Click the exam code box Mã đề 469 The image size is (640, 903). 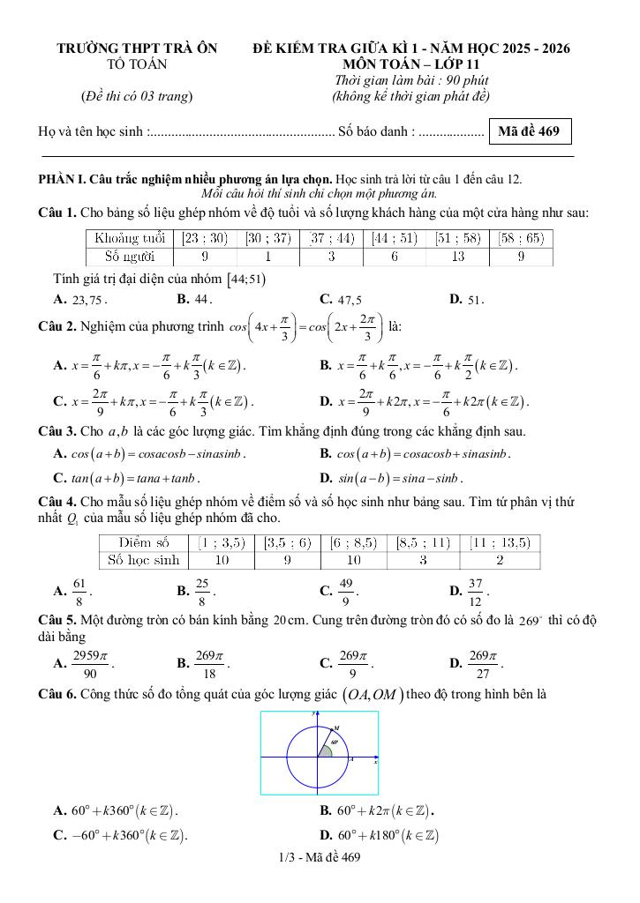click(529, 132)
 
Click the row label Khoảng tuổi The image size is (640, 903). click(130, 238)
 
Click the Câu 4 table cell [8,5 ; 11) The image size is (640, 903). click(424, 541)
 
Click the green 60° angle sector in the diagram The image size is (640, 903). click(325, 749)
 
